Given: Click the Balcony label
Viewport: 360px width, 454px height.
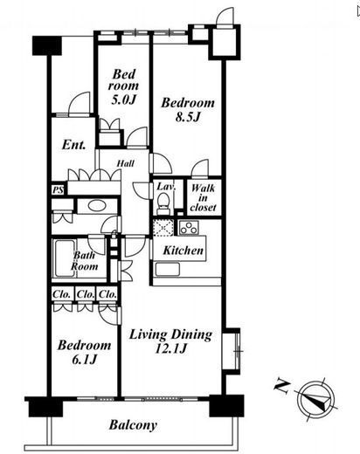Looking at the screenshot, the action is [133, 425].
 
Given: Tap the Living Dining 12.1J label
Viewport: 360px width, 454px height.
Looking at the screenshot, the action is [170, 341].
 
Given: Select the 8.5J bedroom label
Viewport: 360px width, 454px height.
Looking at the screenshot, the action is [188, 110].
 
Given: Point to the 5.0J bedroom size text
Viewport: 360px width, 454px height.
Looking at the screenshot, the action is [124, 100].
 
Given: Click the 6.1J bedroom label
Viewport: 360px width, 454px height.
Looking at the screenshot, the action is [84, 353].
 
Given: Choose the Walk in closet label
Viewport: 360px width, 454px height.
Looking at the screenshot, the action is [204, 197].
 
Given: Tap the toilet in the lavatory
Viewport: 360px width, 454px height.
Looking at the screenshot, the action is [163, 203].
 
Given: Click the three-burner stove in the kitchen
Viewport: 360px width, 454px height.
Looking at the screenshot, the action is [190, 228].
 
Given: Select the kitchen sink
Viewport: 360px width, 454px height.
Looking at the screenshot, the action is [168, 269].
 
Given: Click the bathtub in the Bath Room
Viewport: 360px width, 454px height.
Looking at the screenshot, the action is [65, 258].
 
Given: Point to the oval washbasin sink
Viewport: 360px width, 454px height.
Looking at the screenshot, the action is [96, 206].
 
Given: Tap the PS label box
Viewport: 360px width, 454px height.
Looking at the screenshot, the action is [59, 190].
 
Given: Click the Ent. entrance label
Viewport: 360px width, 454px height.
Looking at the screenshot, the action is [73, 145].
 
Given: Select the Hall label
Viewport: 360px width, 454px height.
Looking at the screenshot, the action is [126, 163].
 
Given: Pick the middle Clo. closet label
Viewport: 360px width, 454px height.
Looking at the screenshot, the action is [86, 294].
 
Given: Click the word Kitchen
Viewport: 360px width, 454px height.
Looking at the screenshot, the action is [183, 251].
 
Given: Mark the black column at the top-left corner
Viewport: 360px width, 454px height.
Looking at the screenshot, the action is [47, 45].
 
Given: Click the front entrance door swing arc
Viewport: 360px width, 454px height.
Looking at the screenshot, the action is [76, 99].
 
